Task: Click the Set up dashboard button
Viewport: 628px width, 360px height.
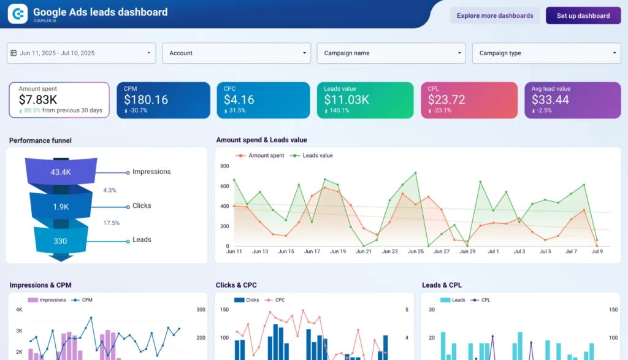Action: (583, 16)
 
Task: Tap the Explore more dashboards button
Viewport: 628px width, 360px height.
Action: (495, 16)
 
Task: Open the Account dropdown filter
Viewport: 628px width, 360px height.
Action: (236, 53)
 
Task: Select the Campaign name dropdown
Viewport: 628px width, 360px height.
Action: (391, 53)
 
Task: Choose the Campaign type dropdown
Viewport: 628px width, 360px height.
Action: (546, 53)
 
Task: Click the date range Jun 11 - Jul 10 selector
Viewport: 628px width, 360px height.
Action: (81, 53)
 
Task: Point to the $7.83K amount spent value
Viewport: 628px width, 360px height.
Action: (38, 99)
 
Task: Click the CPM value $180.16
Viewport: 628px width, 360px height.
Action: (146, 99)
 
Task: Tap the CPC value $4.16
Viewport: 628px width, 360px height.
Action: (239, 99)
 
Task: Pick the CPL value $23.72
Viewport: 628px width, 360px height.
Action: (446, 99)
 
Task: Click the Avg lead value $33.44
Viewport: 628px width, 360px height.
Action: (550, 99)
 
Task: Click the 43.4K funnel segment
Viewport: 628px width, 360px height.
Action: (61, 172)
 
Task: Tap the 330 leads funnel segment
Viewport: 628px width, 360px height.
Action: (60, 241)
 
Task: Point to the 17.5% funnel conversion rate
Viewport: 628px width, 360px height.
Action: (111, 223)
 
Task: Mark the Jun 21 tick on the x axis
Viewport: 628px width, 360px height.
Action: (364, 251)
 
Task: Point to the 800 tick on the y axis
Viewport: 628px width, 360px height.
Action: (224, 166)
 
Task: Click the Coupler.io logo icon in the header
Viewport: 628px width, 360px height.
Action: (18, 13)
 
